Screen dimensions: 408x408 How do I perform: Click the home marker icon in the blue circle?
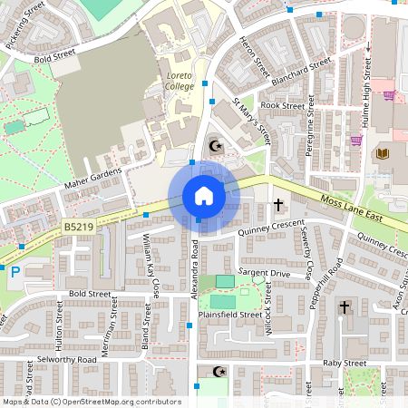pos(203,196)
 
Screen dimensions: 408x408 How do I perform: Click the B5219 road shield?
pos(79,226)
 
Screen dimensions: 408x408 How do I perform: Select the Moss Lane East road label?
pos(358,205)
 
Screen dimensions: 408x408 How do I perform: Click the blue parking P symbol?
pos(15,270)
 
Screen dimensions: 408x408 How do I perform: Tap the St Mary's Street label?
pos(252,121)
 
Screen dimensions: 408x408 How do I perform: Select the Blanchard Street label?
pos(302,72)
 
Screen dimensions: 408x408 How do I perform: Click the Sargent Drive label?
pos(264,272)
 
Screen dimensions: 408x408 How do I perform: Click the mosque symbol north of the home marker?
pos(215,144)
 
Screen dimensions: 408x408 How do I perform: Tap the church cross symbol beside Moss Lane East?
pos(277,204)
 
